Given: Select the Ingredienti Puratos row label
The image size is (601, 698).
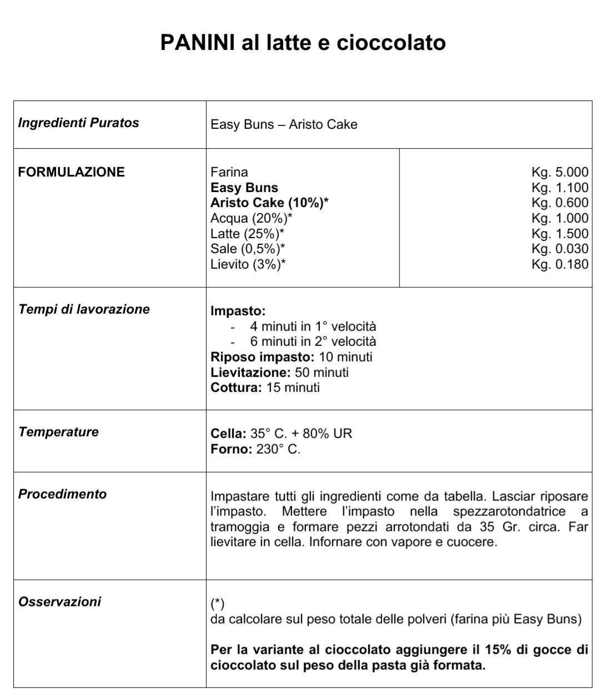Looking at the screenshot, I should tap(78, 123).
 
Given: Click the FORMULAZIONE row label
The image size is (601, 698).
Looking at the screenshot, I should tap(71, 172).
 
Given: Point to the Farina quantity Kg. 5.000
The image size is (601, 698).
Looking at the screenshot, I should tap(559, 172).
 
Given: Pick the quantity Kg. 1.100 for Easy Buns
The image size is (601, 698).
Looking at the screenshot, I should tap(559, 188).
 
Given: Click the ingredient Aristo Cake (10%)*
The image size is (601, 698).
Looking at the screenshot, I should tap(269, 203).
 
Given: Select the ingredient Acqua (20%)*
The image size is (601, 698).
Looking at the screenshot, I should tap(252, 218).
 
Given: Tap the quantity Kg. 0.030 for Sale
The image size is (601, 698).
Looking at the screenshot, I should tap(559, 249).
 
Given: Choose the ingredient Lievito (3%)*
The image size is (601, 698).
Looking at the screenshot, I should tap(248, 264).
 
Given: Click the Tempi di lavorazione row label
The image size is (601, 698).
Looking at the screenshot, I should tap(84, 309).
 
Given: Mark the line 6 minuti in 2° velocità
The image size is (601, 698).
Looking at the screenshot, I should tap(313, 342).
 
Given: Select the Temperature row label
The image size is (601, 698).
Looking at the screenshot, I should tap(58, 432).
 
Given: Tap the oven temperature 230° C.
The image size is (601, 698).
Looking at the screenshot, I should tap(278, 449).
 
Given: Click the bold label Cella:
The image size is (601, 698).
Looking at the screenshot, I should tap(228, 434).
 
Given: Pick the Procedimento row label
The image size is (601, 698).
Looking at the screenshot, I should tap(62, 494).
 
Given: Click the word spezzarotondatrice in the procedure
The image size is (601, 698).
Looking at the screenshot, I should tap(509, 511).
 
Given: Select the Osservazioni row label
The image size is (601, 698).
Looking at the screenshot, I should tap(59, 602).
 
